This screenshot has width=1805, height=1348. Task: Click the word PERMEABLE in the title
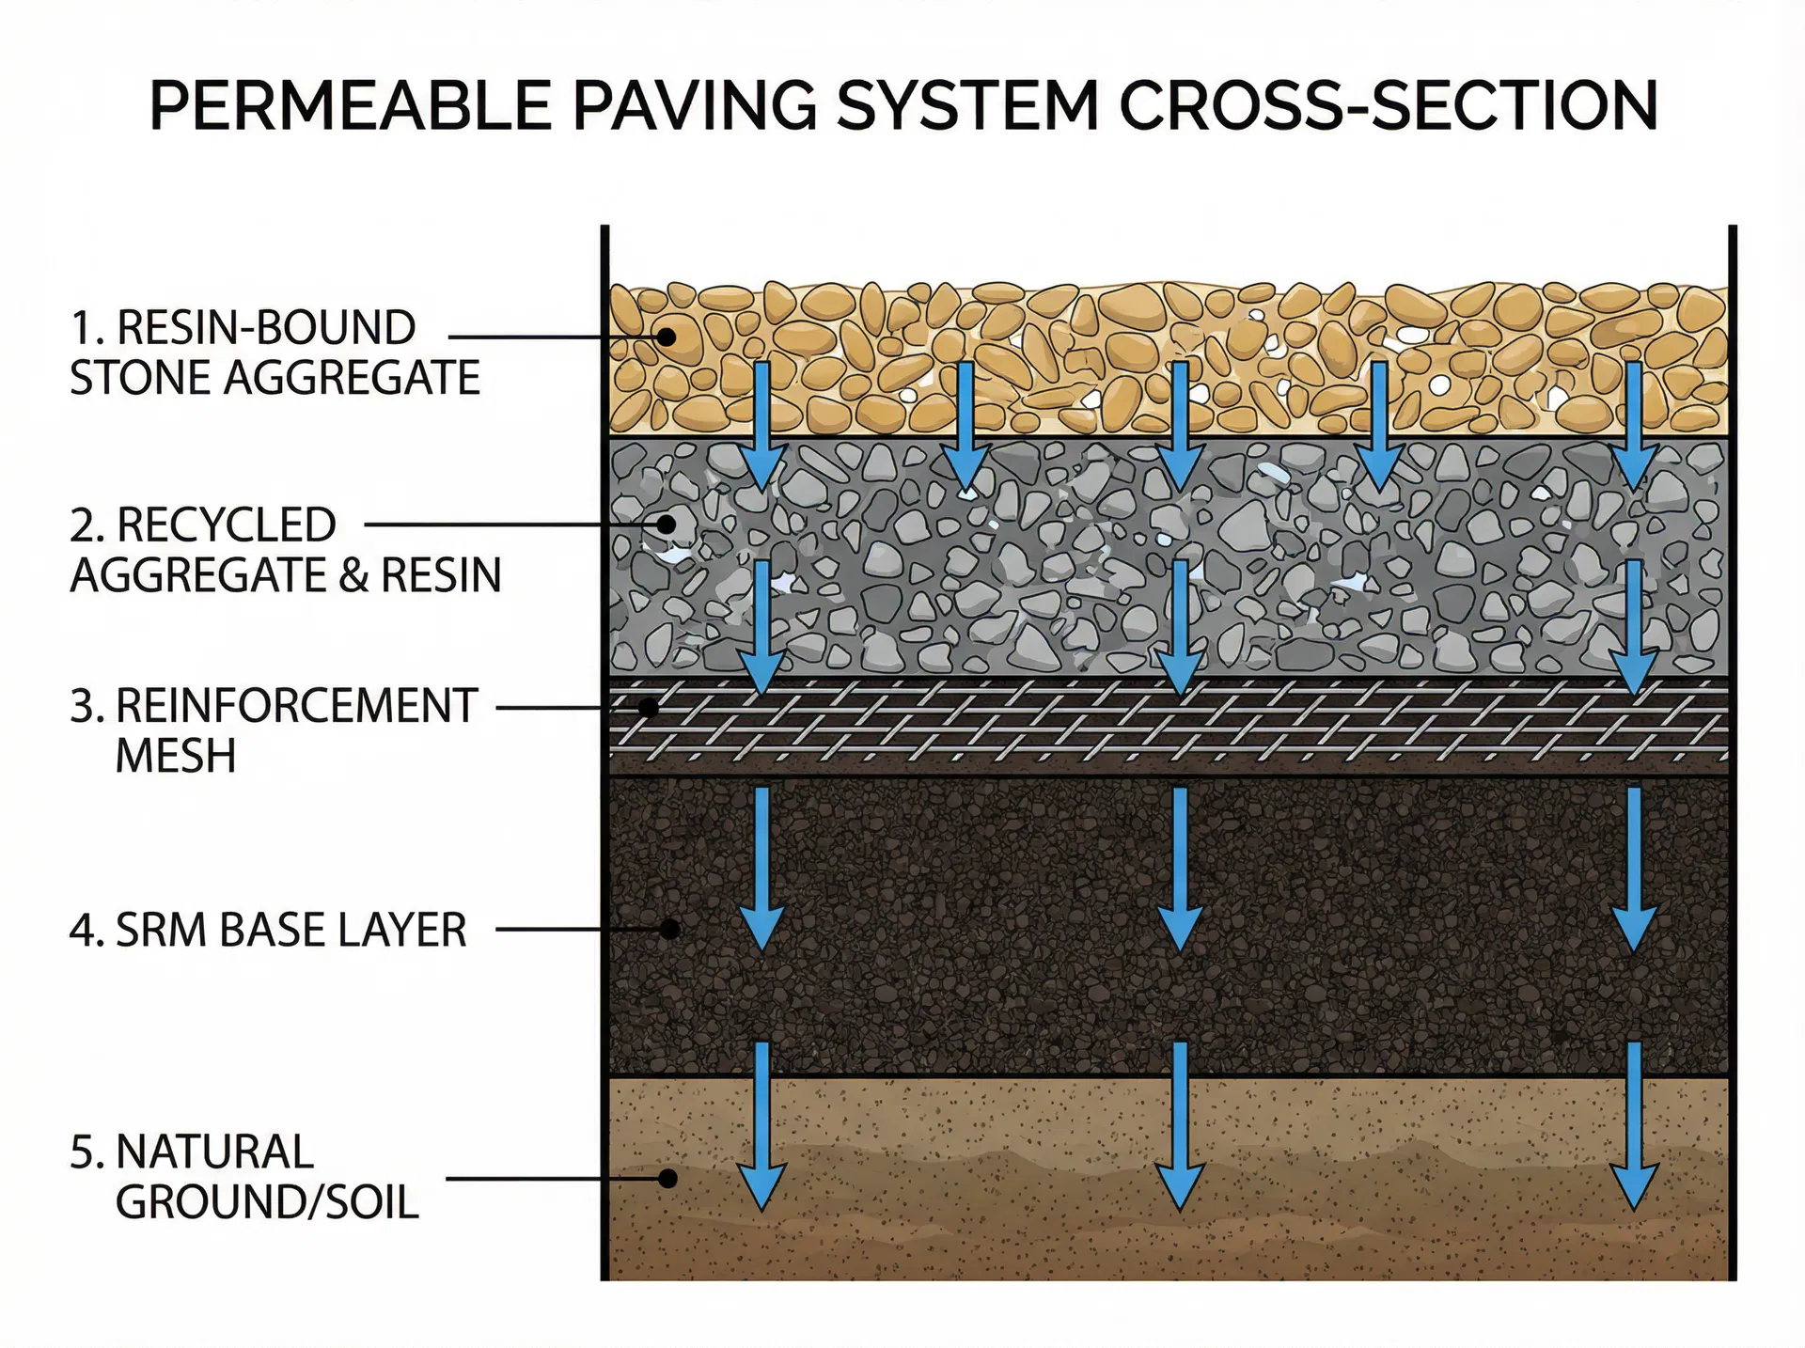350,105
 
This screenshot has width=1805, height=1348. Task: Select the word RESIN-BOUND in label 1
266,328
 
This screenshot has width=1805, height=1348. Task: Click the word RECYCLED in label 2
226,525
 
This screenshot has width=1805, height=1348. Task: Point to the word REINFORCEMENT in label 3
297,707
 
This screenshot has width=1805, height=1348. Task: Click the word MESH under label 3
176,757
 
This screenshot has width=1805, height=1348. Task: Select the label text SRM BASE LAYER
291,931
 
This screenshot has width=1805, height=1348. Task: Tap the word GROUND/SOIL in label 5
267,1203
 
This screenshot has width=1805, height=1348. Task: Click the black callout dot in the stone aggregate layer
667,337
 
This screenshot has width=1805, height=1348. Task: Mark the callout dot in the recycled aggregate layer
667,525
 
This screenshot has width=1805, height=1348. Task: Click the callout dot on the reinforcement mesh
648,707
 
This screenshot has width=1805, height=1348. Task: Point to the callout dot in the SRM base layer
669,930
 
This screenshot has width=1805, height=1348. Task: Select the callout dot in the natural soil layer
667,1178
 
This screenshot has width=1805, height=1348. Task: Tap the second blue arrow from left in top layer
965,428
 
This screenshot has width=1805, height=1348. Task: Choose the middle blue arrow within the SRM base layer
1179,870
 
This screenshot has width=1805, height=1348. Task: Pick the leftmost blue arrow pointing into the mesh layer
761,625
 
